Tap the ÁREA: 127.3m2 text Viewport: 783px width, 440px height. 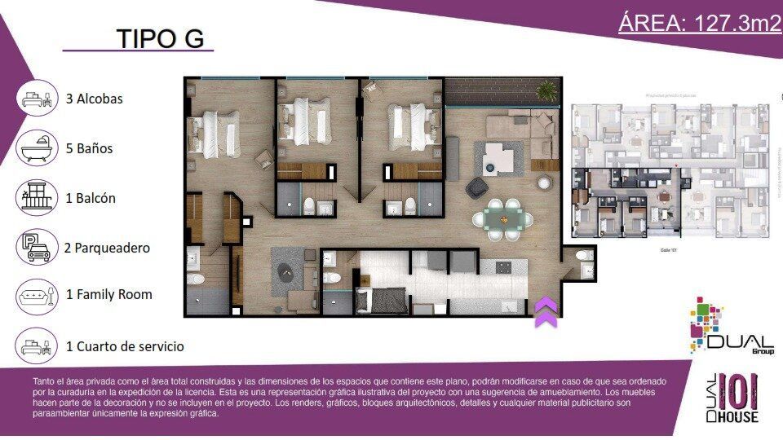pos(699,23)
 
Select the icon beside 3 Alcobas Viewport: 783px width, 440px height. pos(37,99)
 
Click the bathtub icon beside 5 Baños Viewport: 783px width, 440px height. pos(37,148)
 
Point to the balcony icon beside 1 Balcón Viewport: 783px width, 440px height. pos(37,198)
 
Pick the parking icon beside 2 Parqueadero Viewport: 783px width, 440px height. pos(37,247)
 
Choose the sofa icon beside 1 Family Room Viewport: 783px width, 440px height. pos(37,295)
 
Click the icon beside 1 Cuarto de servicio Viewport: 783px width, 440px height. pos(37,345)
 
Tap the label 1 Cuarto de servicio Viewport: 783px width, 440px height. pos(125,346)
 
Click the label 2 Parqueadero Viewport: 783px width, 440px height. pos(107,248)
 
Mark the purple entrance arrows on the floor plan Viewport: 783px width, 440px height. pos(545,312)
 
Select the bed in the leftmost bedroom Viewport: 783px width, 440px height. pos(215,131)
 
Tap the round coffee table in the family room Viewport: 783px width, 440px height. pos(286,272)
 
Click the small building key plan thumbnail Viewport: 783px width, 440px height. pos(670,169)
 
